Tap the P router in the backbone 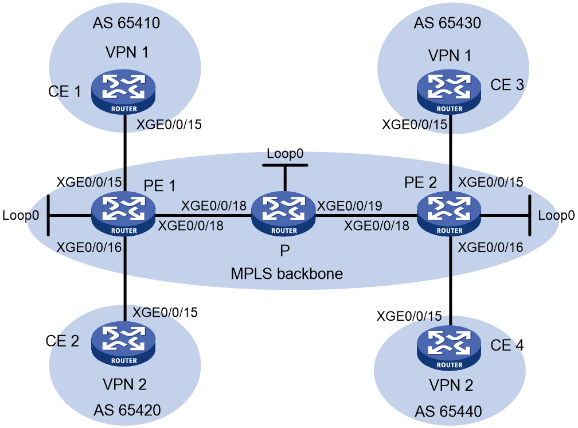point(283,213)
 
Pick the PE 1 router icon point(123,213)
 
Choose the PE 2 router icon point(449,213)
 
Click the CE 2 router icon point(123,344)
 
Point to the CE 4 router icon point(449,348)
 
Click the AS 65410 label point(126,23)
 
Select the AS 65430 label point(447,23)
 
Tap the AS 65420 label point(127,410)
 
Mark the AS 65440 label point(448,411)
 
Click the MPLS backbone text point(287,274)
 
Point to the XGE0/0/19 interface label point(349,205)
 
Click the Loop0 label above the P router point(285,154)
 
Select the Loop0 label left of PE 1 point(21,215)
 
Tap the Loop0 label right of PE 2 point(556,215)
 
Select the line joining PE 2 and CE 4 point(451,281)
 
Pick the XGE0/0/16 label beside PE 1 point(89,247)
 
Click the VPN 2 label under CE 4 point(451,385)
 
